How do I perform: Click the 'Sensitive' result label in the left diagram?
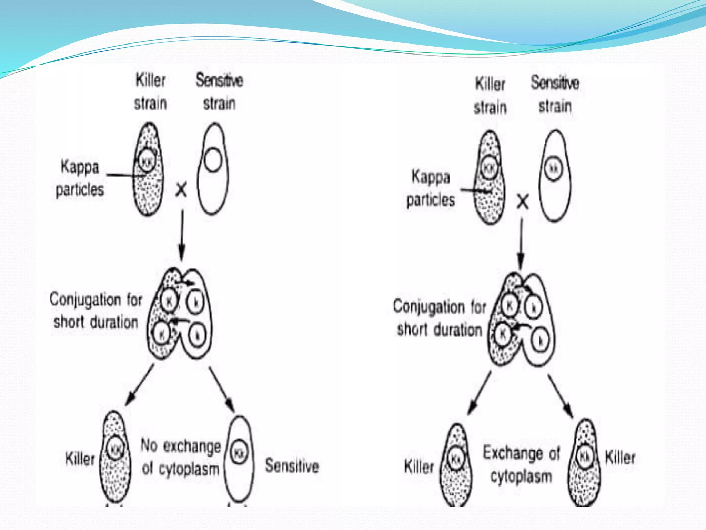click(292, 465)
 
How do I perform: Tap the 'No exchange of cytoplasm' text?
click(181, 457)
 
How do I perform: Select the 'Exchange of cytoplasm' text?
click(521, 464)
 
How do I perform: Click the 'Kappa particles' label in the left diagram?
click(80, 178)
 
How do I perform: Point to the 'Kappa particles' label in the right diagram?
click(431, 188)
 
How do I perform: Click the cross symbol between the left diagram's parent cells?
click(181, 190)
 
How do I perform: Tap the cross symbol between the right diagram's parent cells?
click(523, 202)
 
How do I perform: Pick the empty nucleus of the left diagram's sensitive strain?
click(212, 160)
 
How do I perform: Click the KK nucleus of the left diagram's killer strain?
click(147, 160)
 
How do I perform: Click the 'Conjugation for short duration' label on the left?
click(95, 311)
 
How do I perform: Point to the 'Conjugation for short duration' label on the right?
click(439, 318)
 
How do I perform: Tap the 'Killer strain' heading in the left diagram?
click(150, 92)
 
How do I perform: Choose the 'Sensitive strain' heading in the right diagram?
click(555, 94)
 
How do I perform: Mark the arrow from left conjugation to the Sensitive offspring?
click(222, 388)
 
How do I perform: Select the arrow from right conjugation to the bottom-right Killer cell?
click(561, 395)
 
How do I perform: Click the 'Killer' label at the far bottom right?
click(620, 458)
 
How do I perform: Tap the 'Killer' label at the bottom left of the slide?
click(80, 459)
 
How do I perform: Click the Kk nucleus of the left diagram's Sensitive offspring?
click(239, 452)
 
